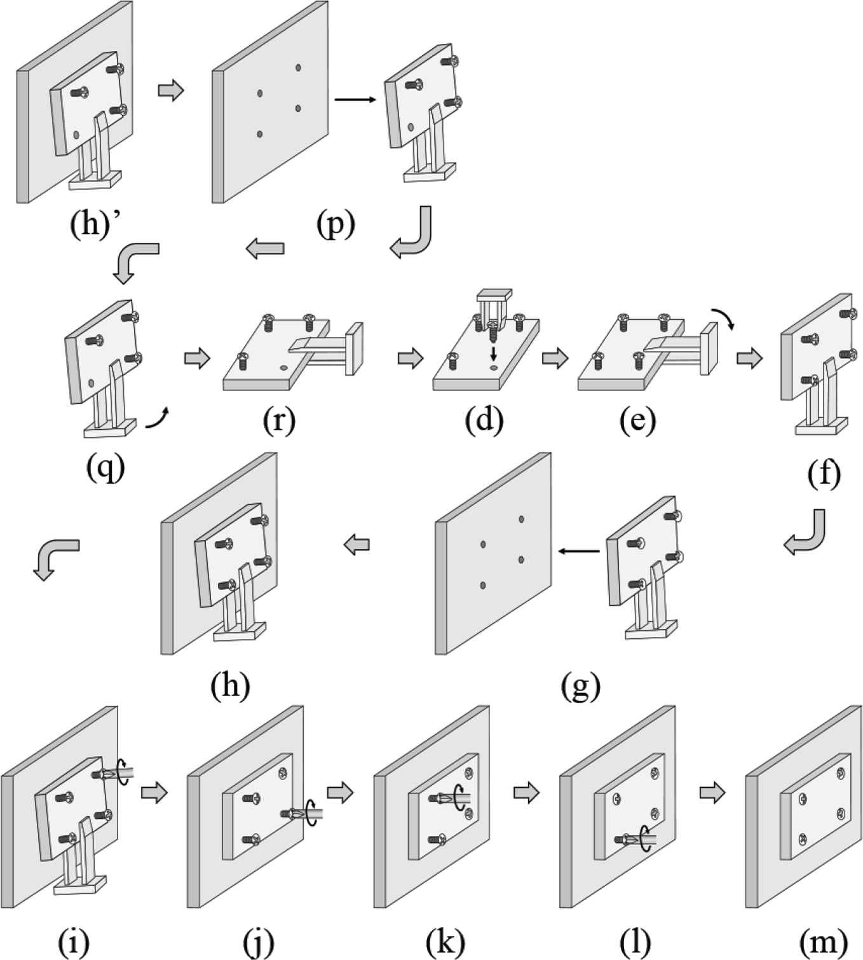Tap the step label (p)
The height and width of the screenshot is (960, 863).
tap(336, 224)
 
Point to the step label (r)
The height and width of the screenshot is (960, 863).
tap(279, 421)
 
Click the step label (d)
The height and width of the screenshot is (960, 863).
tap(484, 421)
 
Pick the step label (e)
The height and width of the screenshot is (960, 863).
tap(637, 421)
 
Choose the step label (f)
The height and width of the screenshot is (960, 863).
tap(824, 474)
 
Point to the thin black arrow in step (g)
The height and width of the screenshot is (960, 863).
tap(578, 551)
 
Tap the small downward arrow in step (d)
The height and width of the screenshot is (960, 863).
tap(494, 352)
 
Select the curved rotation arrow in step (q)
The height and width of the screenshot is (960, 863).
tap(158, 419)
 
